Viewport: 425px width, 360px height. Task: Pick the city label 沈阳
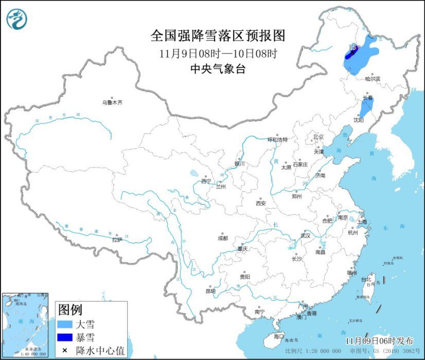click(359, 119)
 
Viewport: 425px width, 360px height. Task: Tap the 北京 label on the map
click(318, 137)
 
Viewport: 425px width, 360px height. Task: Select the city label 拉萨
click(117, 239)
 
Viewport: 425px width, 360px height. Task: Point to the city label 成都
click(222, 238)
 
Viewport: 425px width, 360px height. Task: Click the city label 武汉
click(306, 236)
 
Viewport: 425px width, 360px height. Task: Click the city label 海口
click(278, 336)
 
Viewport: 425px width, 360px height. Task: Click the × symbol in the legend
click(65, 350)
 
